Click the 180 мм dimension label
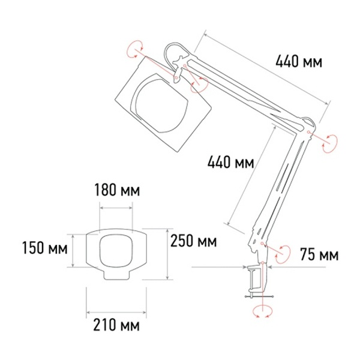point(117,190)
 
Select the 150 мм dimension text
point(45,248)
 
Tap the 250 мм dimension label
point(194,241)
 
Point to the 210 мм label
point(116,325)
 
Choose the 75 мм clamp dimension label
point(319,254)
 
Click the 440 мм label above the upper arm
point(299,62)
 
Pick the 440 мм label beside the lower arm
point(231,162)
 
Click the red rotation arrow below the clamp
point(262,311)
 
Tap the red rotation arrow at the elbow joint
point(329,143)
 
